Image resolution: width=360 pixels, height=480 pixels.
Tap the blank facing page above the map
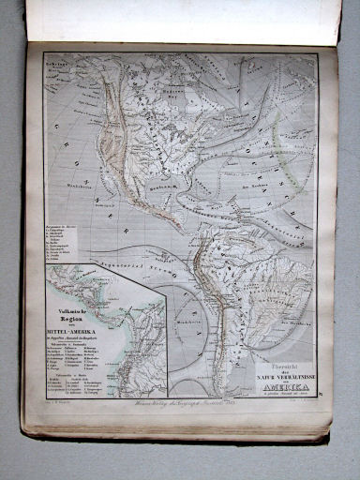178,21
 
